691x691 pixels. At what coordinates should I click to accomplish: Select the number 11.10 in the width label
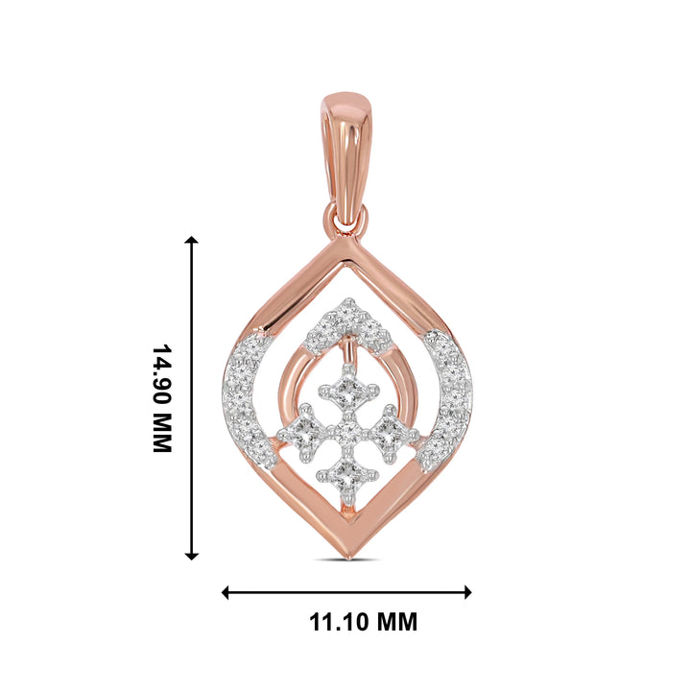(338, 622)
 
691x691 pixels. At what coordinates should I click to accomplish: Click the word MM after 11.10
(395, 622)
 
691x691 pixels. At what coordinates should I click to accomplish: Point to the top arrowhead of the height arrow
(192, 242)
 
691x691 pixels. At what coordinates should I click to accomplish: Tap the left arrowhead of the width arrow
(226, 592)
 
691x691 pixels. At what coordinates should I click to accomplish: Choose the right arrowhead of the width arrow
(467, 592)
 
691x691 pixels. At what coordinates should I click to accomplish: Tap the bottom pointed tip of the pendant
(347, 555)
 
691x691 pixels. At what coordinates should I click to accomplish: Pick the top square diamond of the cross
(347, 390)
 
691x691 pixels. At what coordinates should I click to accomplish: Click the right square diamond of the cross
(389, 430)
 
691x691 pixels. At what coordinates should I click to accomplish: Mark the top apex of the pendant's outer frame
(347, 243)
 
